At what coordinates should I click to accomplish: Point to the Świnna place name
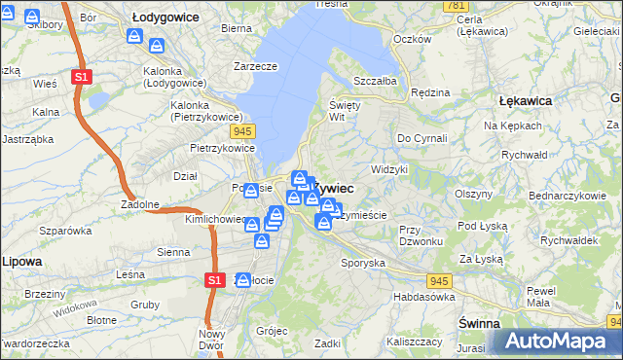pos(479,322)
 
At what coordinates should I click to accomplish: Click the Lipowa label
pos(20,262)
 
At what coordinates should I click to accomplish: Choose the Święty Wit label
pos(345,110)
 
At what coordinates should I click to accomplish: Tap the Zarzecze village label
pos(256,66)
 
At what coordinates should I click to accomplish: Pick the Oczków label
pos(412,39)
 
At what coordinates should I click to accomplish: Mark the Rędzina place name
pos(430,92)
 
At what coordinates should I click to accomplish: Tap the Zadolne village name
pos(140,204)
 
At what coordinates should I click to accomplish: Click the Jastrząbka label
pos(26,139)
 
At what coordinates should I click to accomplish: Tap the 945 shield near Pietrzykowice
pos(243,129)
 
